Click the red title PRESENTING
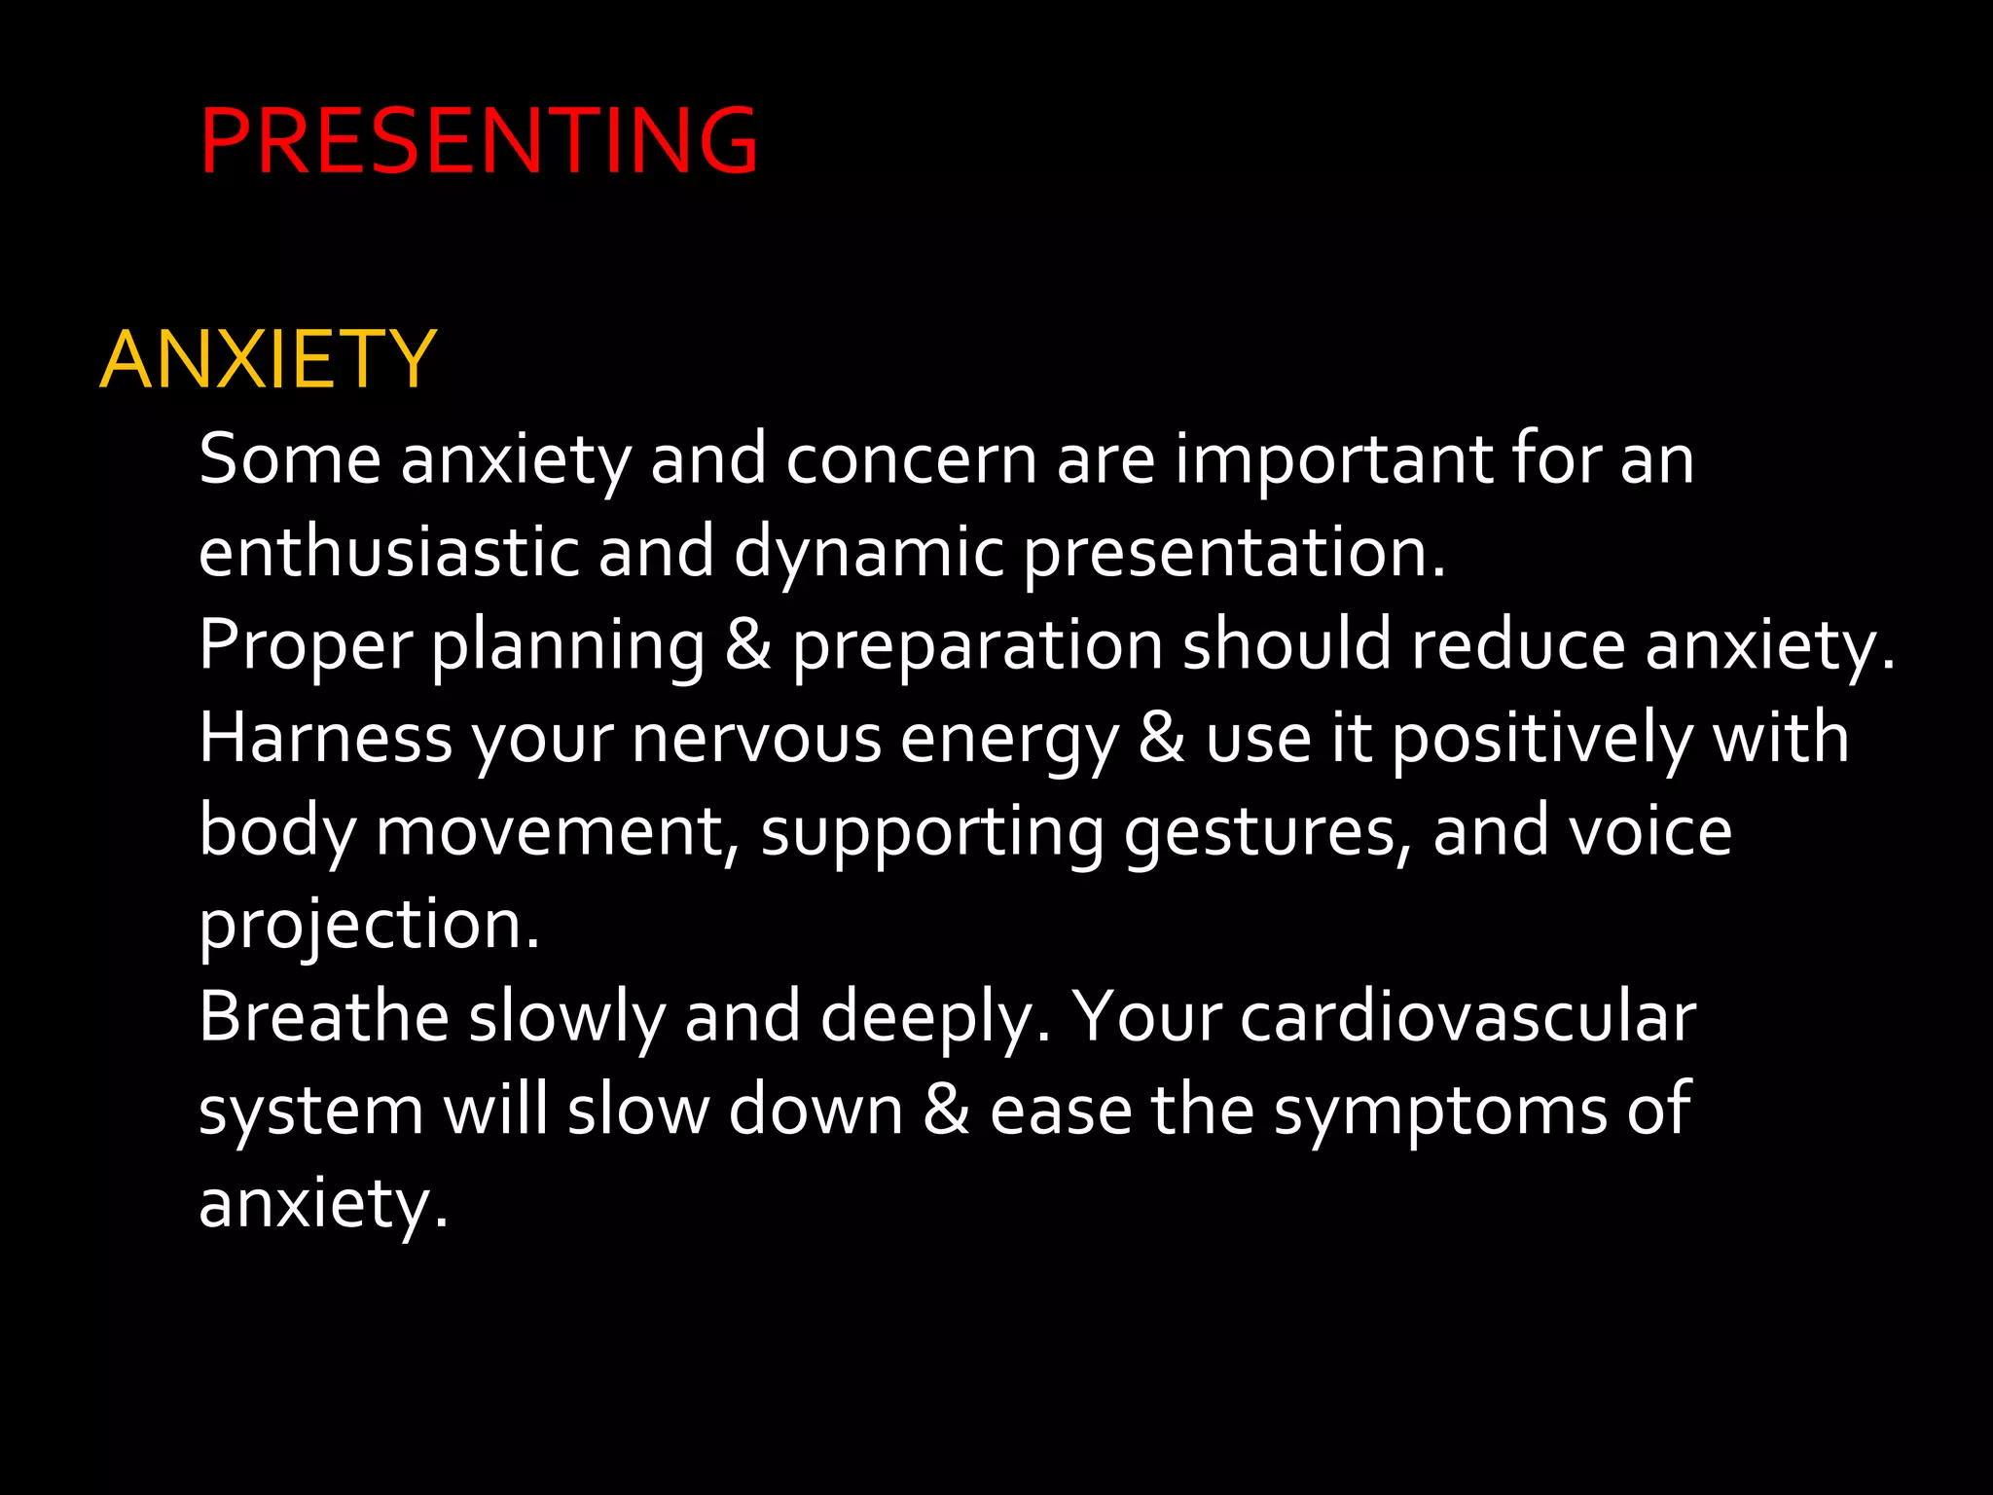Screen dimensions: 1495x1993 [x=479, y=142]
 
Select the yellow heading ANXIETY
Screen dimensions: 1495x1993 [x=268, y=360]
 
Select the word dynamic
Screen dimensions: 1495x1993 [x=868, y=552]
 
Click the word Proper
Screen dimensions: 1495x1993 [x=306, y=645]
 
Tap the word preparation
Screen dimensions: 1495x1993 [x=976, y=645]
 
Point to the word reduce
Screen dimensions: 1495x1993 [x=1518, y=645]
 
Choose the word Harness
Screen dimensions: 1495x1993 [x=325, y=738]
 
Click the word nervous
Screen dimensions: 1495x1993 [x=756, y=738]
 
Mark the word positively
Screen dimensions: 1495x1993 [x=1542, y=738]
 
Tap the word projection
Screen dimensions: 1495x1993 [x=368, y=925]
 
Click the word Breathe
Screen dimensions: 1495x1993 [x=323, y=1017]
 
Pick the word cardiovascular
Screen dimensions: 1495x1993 [x=1468, y=1017]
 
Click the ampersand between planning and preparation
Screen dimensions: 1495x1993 [x=747, y=645]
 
